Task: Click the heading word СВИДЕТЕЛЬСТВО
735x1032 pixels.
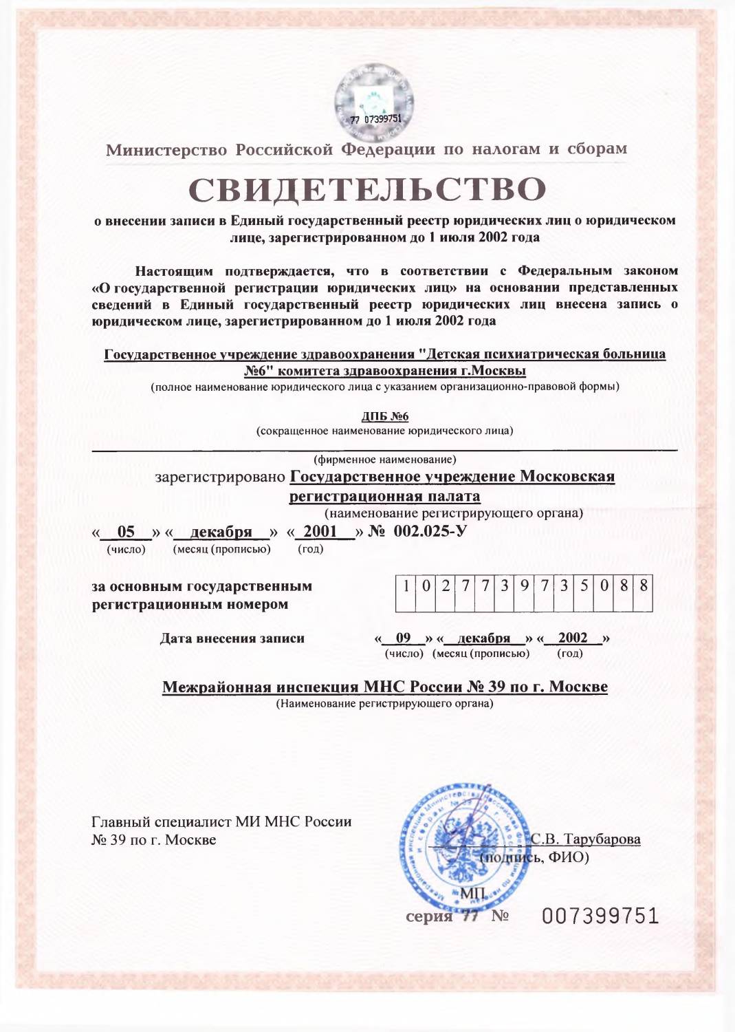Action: (x=367, y=190)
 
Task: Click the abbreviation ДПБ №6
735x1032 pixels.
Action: (x=384, y=416)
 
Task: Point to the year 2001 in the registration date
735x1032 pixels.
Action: (x=320, y=531)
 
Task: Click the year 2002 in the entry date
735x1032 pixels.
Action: (x=573, y=638)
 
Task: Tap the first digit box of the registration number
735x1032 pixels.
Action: (x=406, y=587)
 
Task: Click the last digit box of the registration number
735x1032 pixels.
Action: (x=644, y=587)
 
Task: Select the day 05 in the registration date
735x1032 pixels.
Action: (x=126, y=531)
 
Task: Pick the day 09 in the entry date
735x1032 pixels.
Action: (x=404, y=638)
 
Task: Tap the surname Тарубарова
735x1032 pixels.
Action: (x=602, y=839)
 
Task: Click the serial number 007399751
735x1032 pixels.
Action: (x=600, y=916)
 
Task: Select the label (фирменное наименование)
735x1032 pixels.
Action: (x=384, y=459)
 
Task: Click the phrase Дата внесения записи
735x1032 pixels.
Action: (x=232, y=638)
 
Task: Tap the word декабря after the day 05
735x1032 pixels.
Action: (x=221, y=531)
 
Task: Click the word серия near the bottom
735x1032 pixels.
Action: (x=428, y=916)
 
